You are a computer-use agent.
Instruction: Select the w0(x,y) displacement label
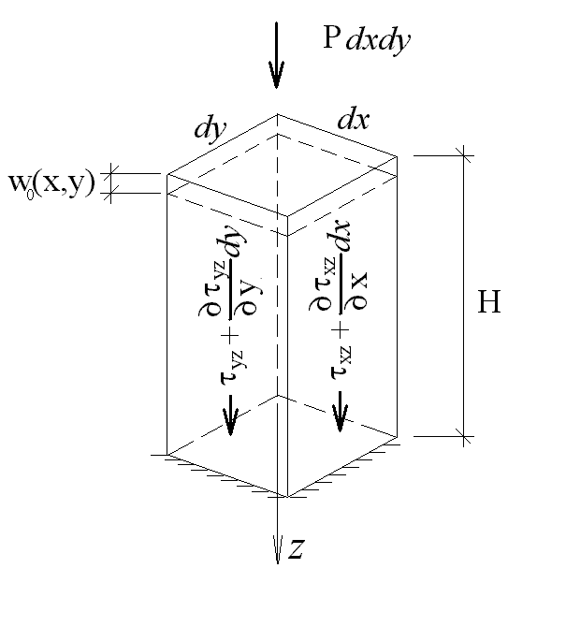(51, 183)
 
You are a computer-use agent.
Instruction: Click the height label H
(488, 302)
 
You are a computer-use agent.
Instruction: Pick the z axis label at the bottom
(295, 550)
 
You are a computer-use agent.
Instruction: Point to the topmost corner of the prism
(277, 114)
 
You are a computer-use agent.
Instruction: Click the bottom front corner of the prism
(285, 496)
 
